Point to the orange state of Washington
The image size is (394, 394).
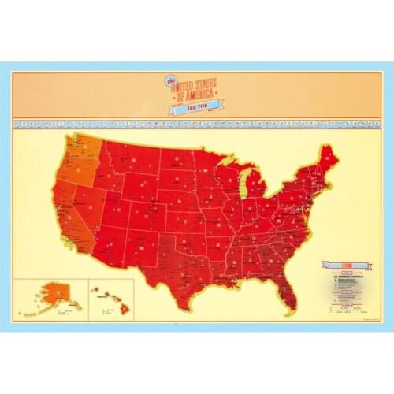[x=81, y=147]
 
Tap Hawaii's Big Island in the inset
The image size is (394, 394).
[x=126, y=310]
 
